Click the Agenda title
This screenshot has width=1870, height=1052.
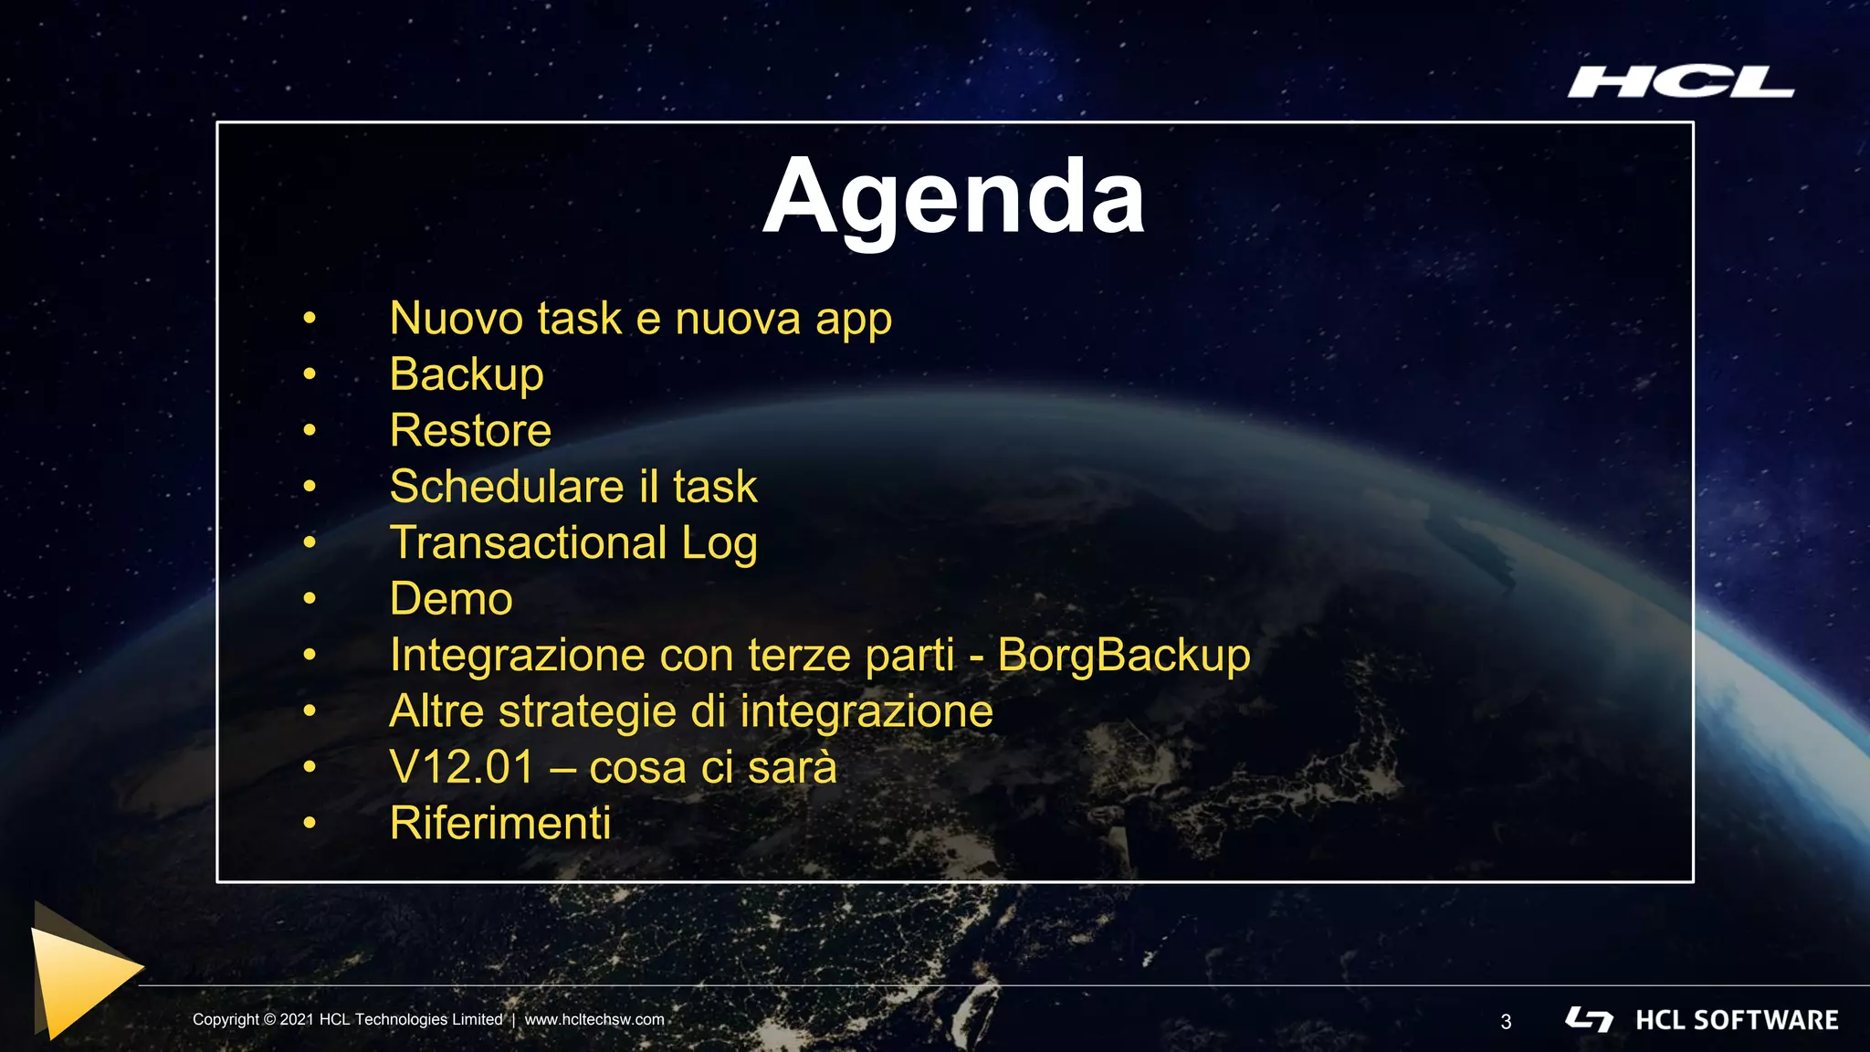(953, 198)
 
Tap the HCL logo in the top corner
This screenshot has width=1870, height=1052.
(1681, 82)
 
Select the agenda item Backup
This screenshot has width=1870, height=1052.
(467, 374)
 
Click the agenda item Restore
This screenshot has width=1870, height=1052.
(470, 430)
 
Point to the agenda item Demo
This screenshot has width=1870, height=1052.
(451, 599)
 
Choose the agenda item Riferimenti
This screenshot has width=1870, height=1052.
(499, 823)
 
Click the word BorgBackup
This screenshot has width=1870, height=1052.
(1124, 656)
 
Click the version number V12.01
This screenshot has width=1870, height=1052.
(461, 767)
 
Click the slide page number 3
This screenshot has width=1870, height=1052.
(1506, 1022)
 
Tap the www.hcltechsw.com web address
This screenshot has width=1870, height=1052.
(594, 1020)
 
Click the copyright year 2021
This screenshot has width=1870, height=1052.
(297, 1020)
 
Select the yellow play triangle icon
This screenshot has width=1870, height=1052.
(82, 973)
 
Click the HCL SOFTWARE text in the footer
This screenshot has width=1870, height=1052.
(1737, 1020)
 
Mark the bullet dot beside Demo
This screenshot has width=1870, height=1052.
(310, 599)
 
